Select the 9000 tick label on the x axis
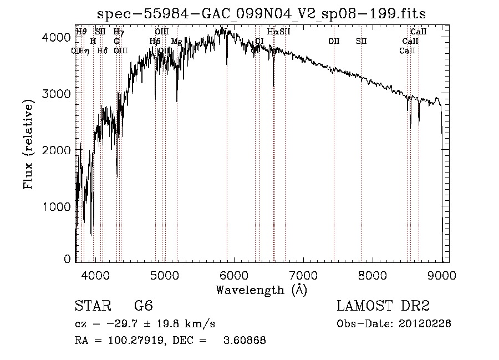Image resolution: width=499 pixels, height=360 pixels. click(442, 275)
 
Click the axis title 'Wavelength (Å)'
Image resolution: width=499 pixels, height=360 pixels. click(261, 289)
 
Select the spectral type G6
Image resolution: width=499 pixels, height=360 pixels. click(143, 306)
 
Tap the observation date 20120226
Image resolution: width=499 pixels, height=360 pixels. click(425, 324)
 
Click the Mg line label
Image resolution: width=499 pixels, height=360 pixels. click(176, 42)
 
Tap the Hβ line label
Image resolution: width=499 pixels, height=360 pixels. click(155, 42)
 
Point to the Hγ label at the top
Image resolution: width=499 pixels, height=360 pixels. click(119, 32)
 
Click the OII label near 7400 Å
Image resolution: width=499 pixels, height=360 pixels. click(334, 42)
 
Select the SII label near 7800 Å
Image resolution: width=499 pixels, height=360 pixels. click(361, 42)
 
